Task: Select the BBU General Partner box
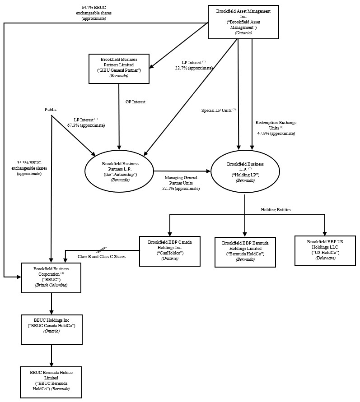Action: tap(119, 68)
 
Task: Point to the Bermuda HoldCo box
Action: tap(245, 251)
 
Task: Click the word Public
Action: tap(51, 110)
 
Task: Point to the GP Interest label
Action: tap(136, 102)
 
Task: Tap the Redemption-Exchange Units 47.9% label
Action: tap(276, 128)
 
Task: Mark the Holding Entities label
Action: tap(276, 210)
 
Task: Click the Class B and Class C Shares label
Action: tap(101, 256)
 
